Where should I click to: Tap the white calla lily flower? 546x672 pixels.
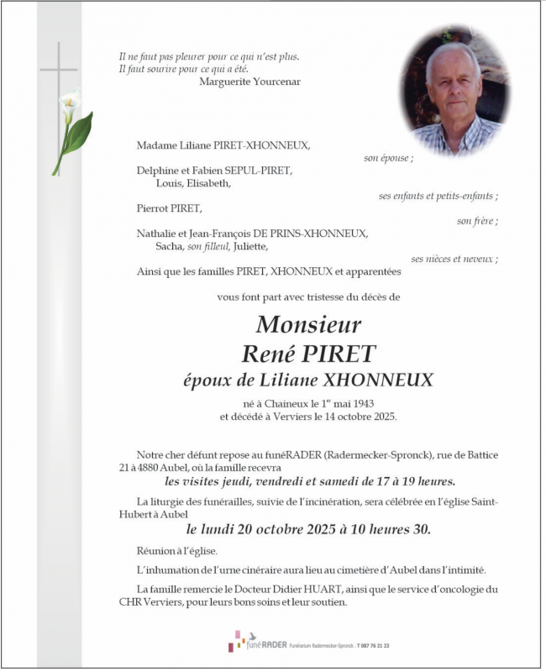coord(68,106)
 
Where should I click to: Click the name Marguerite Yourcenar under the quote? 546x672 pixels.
coord(249,81)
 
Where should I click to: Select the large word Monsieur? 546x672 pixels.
coord(308,324)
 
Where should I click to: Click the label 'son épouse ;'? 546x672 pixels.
coord(388,157)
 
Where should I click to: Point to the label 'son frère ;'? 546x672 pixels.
coord(477,221)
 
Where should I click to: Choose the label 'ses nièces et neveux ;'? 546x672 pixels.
coord(454,259)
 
